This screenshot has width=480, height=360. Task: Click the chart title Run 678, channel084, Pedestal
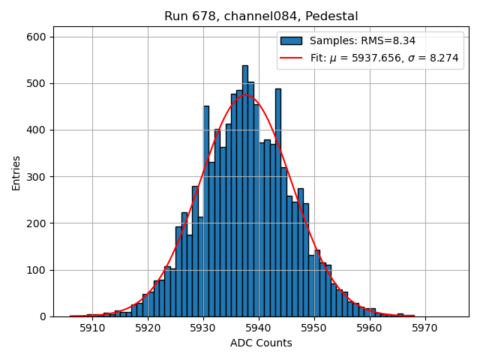click(261, 16)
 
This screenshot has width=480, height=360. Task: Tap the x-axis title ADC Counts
click(261, 343)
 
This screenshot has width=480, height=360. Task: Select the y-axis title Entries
click(16, 172)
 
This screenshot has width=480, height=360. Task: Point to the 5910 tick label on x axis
click(92, 328)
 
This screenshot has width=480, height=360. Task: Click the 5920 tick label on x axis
click(148, 328)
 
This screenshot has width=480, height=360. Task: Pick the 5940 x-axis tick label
click(259, 328)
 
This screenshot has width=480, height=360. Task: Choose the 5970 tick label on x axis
click(425, 328)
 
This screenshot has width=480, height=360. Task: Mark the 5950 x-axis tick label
click(314, 328)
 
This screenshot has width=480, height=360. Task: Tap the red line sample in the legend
click(292, 57)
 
